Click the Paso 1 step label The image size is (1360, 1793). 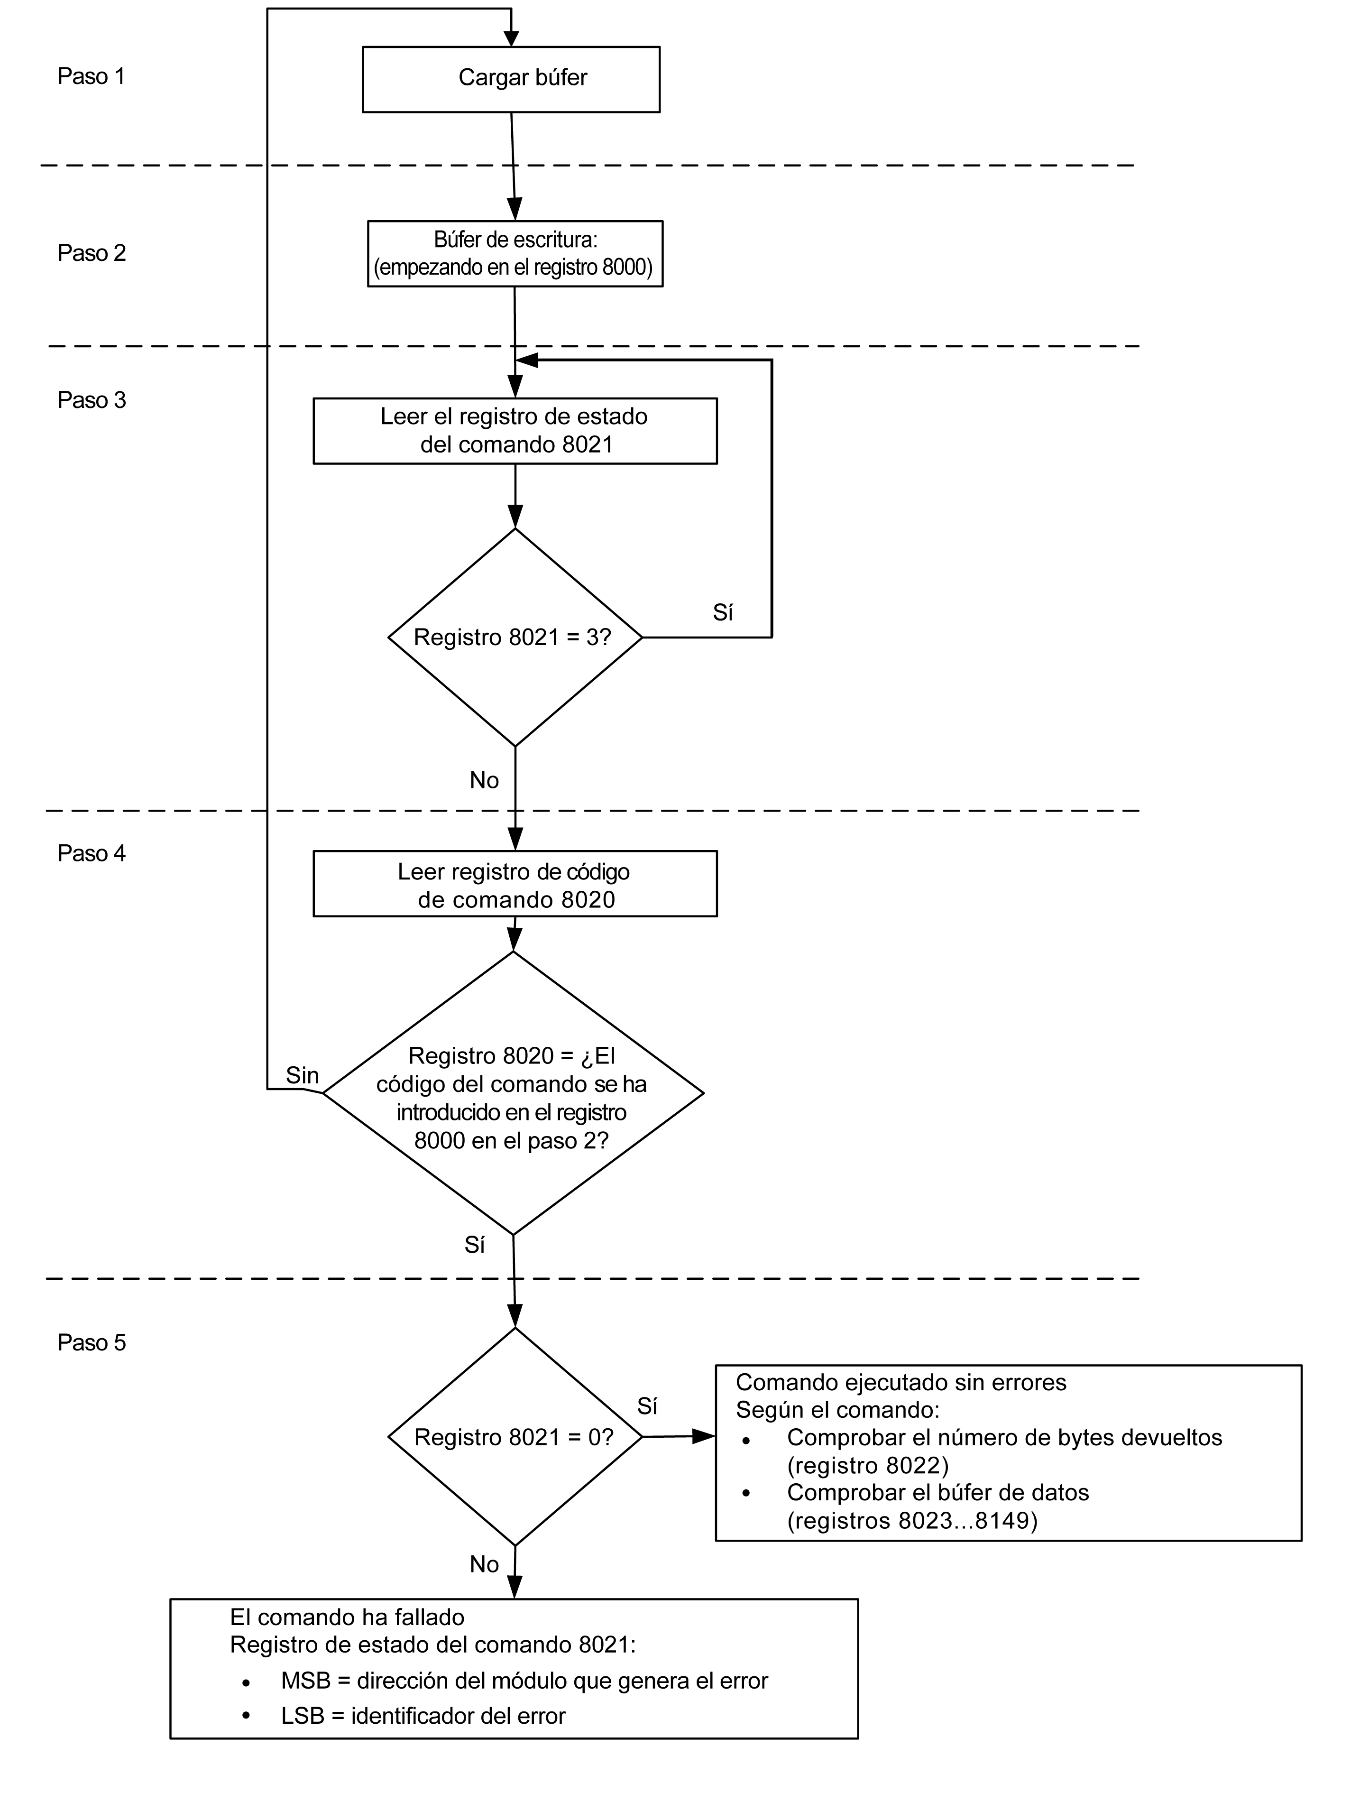click(92, 76)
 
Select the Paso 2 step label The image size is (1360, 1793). click(92, 253)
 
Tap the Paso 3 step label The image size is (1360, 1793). click(92, 400)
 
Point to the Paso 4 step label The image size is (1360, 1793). click(92, 853)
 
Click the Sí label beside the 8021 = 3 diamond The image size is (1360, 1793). click(723, 613)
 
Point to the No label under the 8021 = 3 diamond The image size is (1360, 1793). click(485, 781)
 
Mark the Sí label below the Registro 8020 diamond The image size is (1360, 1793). click(475, 1245)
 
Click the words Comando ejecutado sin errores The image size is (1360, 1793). click(901, 1382)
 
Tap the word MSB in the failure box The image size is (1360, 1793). click(305, 1681)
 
